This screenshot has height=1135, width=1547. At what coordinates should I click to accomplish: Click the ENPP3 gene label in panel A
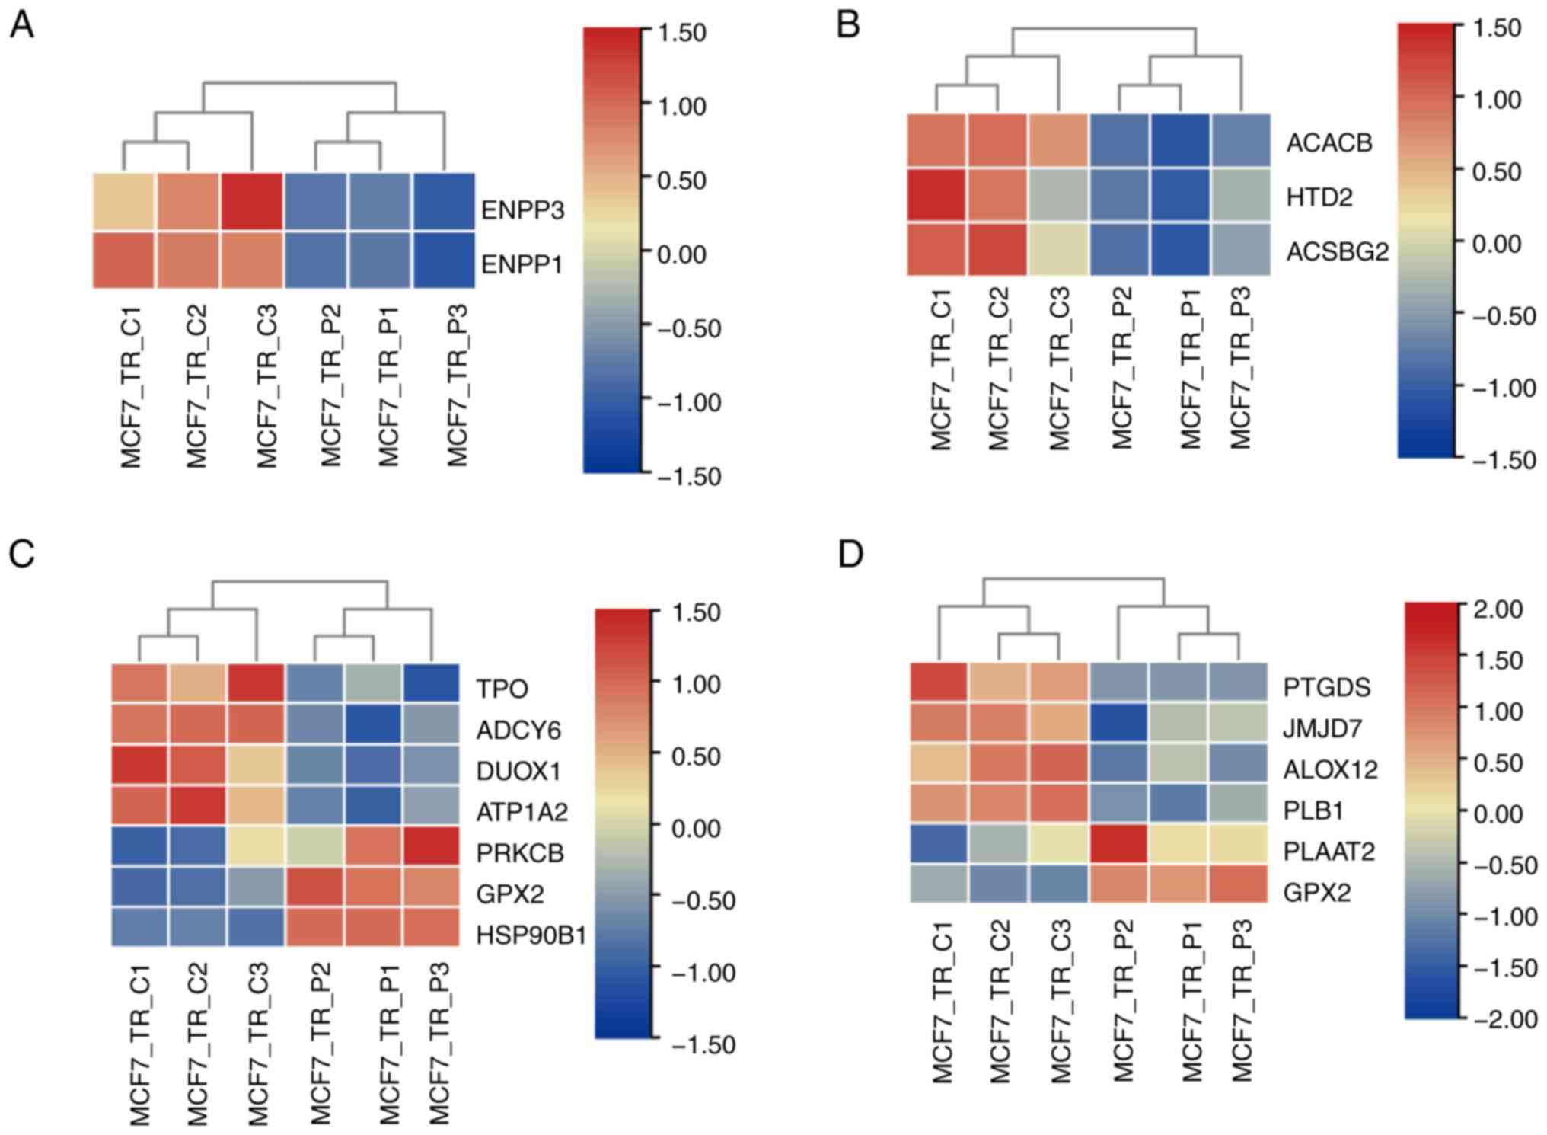pyautogui.click(x=522, y=209)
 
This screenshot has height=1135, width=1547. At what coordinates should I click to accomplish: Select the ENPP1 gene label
pyautogui.click(x=522, y=264)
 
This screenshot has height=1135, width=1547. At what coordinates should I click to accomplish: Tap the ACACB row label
pyautogui.click(x=1329, y=142)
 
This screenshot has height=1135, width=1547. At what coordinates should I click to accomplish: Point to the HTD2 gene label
pyautogui.click(x=1319, y=197)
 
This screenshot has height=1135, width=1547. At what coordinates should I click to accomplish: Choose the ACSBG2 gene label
pyautogui.click(x=1337, y=251)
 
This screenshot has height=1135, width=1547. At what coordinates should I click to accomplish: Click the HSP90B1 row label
pyautogui.click(x=531, y=935)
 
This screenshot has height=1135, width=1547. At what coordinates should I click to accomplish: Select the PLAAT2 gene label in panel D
pyautogui.click(x=1329, y=851)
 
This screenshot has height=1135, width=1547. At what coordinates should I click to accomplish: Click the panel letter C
pyautogui.click(x=21, y=554)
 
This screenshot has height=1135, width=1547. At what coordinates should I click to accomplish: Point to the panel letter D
pyautogui.click(x=850, y=554)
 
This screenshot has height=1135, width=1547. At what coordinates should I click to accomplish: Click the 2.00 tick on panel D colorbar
pyautogui.click(x=1498, y=609)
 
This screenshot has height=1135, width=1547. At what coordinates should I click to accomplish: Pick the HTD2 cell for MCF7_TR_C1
pyautogui.click(x=936, y=196)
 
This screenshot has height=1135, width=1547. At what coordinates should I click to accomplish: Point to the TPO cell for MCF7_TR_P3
pyautogui.click(x=431, y=683)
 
